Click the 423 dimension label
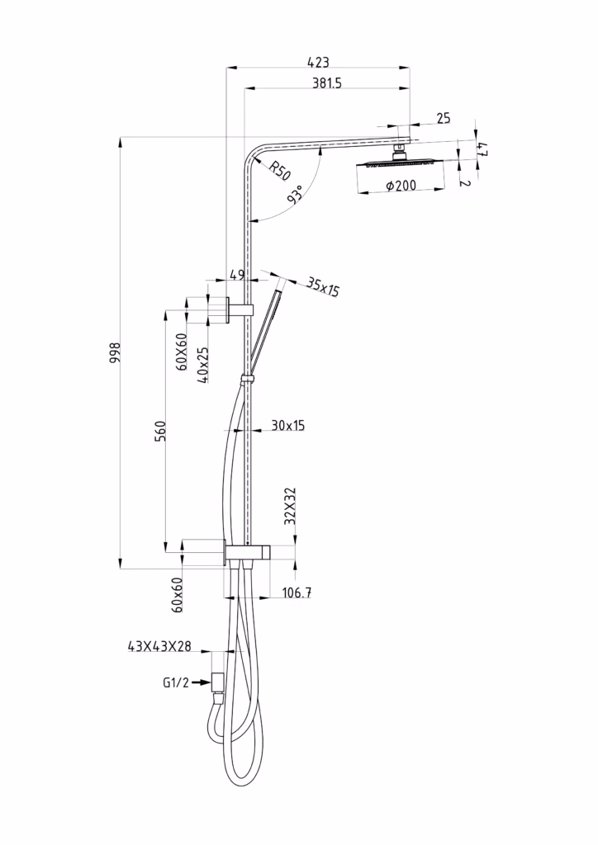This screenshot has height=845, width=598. click(x=318, y=62)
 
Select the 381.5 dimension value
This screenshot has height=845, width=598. click(x=327, y=83)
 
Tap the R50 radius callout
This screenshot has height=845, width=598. click(x=279, y=171)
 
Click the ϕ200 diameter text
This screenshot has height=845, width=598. click(x=401, y=186)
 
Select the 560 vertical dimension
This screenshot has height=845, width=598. click(x=160, y=431)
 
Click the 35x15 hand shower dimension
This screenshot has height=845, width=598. click(x=323, y=286)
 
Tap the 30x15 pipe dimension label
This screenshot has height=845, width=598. click(x=288, y=425)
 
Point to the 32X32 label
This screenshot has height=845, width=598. click(x=291, y=506)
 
